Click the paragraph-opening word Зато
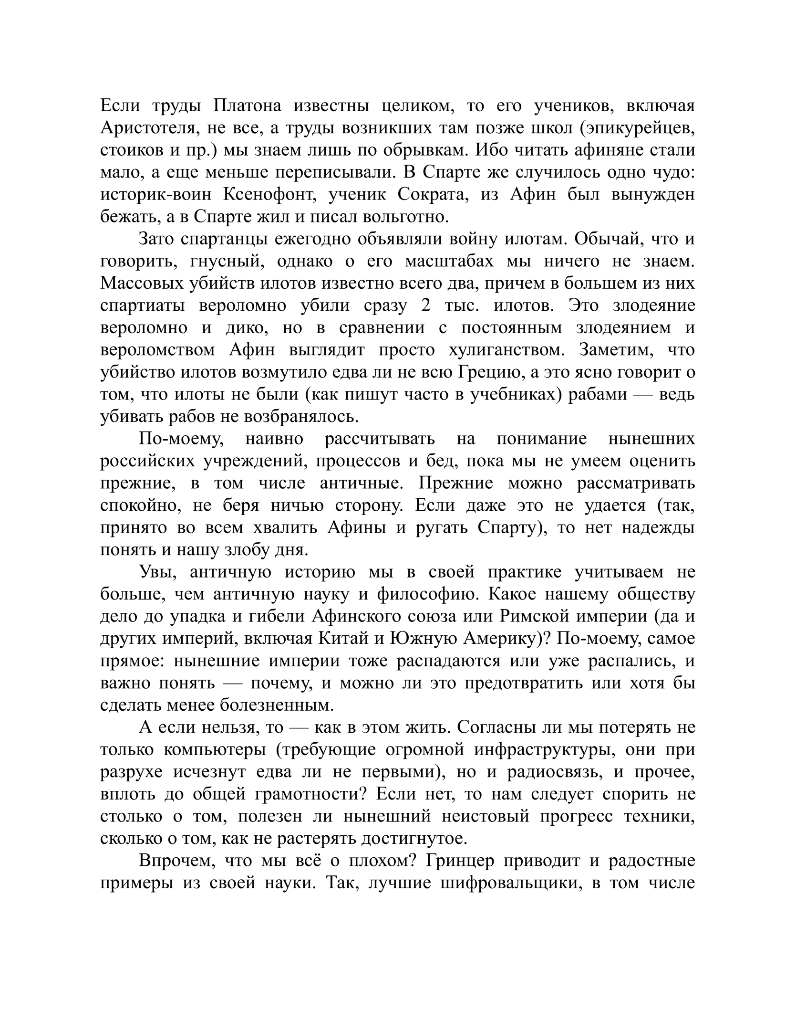pos(157,239)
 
